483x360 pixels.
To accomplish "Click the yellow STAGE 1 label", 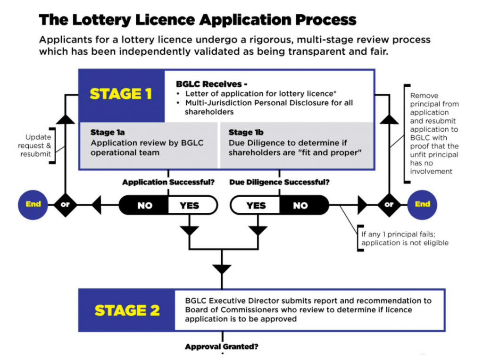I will click(121, 94).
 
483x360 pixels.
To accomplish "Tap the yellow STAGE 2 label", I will click(127, 310).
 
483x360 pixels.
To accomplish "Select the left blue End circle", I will click(33, 204).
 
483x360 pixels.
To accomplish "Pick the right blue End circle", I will click(422, 204).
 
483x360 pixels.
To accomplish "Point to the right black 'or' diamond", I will click(389, 205).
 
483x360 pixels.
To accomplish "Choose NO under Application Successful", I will click(144, 206).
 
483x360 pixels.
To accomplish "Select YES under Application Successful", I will click(189, 206).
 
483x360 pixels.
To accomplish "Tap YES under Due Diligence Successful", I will click(256, 206).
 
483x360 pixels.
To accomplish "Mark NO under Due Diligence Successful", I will click(300, 206).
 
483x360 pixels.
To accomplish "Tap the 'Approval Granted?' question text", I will click(222, 347).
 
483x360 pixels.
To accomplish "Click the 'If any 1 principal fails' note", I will click(405, 238).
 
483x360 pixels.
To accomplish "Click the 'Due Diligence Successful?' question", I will click(279, 182).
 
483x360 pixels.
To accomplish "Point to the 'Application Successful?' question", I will click(168, 182).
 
